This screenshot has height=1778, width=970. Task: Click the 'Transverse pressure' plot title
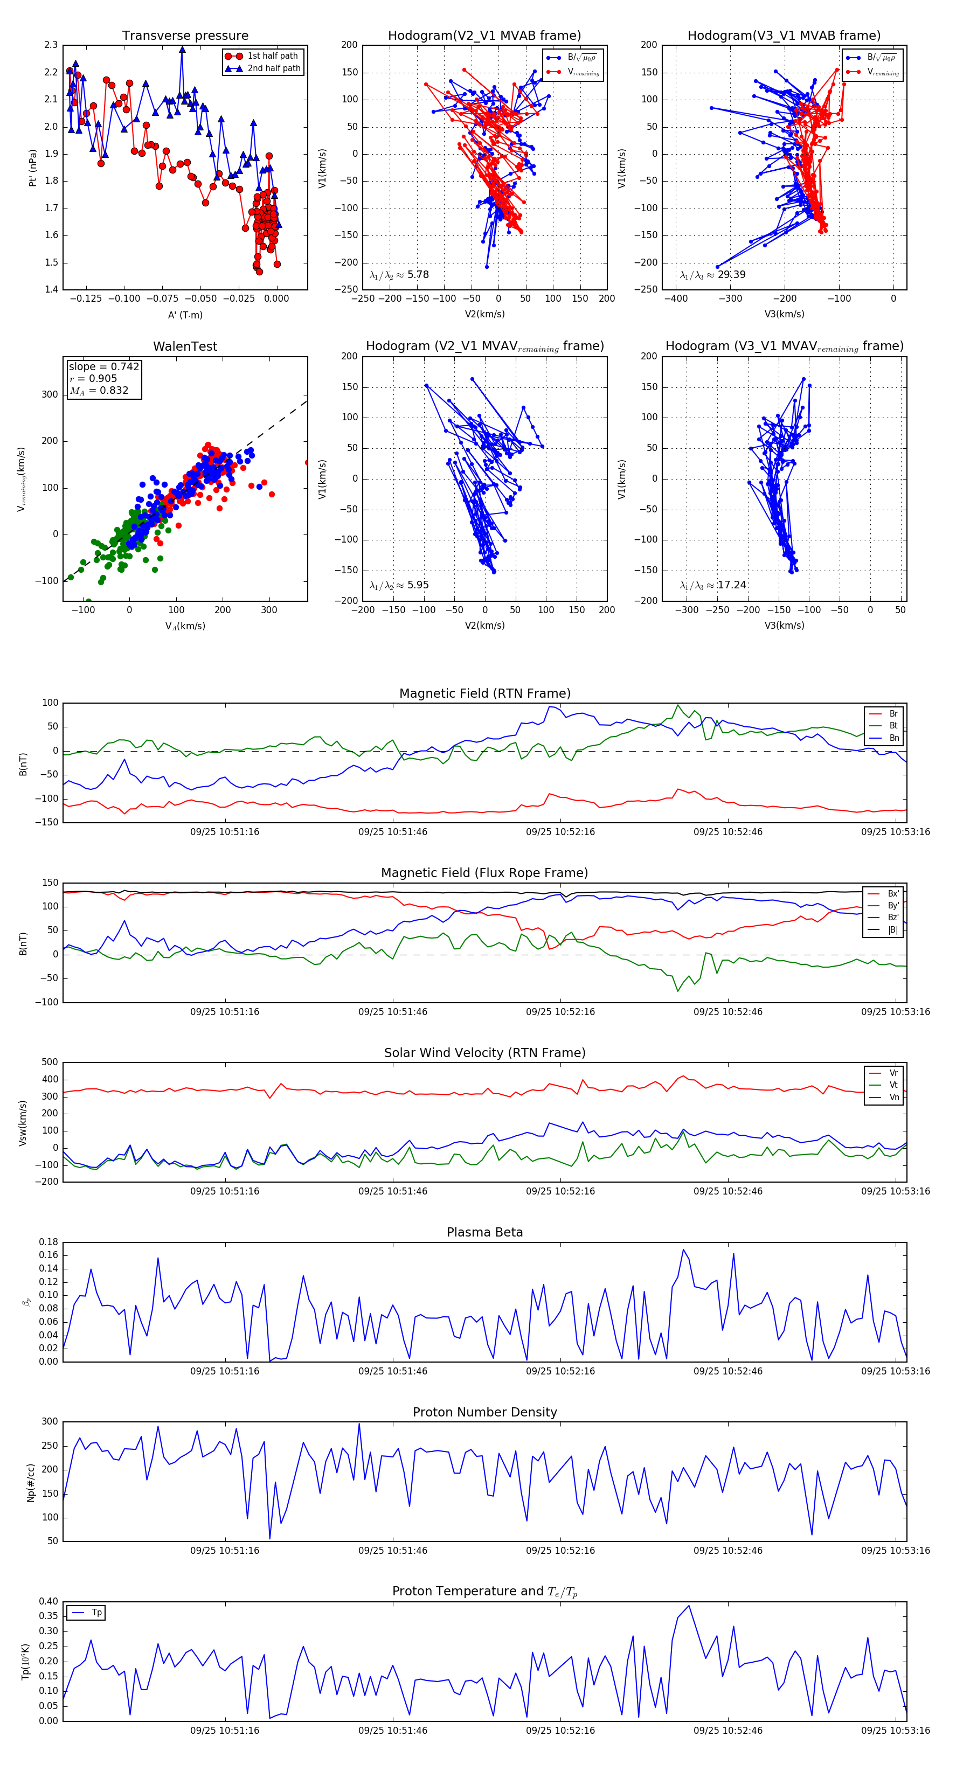[185, 36]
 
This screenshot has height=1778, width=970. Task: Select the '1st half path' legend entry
[272, 56]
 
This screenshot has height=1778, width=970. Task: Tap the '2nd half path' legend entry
[273, 68]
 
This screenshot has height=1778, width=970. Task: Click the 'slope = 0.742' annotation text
[103, 366]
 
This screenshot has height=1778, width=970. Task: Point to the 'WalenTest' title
[185, 346]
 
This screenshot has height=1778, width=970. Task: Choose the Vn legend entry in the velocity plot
[893, 1098]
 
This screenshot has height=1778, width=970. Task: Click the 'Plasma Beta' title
[484, 1233]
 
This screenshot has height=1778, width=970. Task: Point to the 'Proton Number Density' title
[484, 1412]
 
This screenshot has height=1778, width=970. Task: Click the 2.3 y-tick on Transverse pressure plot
[51, 45]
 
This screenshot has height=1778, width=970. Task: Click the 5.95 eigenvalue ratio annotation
[418, 585]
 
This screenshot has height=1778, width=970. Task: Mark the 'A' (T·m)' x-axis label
[185, 315]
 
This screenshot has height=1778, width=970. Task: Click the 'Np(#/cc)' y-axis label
[30, 1481]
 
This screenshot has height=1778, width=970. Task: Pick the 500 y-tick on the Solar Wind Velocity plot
[50, 1062]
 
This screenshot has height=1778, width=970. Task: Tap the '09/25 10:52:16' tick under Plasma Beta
[560, 1371]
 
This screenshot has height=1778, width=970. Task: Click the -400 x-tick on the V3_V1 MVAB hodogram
[675, 299]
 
